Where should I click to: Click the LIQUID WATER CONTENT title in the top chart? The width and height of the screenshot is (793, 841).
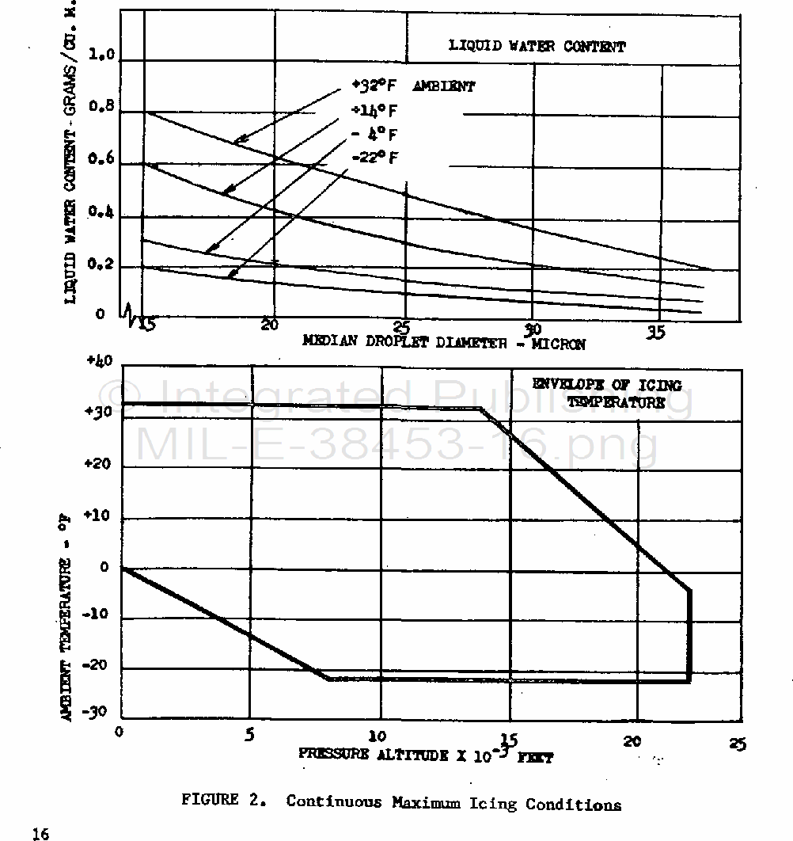coord(537,46)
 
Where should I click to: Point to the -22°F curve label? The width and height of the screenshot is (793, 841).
coord(374,158)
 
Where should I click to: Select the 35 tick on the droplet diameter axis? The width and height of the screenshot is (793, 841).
coord(656,333)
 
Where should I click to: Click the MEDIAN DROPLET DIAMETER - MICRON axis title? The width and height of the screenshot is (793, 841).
coord(444,344)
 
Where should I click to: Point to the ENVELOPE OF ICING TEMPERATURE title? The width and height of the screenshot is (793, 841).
coord(606,394)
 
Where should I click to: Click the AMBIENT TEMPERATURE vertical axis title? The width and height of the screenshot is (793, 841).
coord(69,618)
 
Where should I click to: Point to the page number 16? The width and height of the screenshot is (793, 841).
coord(40,833)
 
